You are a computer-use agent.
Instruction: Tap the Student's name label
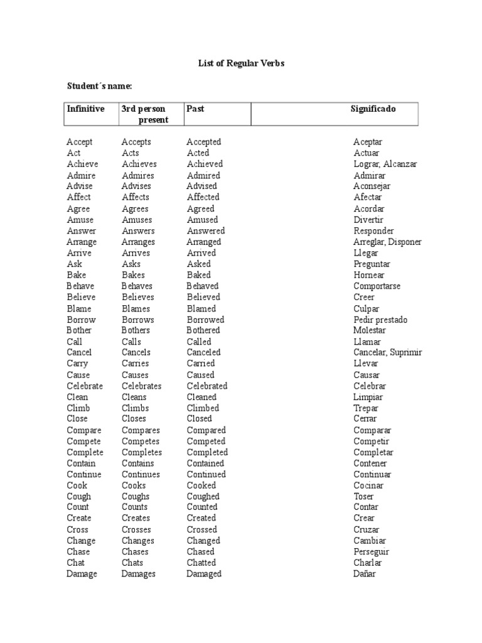(x=100, y=86)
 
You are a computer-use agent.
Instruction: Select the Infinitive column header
(x=86, y=109)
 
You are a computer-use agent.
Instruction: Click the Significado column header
(x=373, y=109)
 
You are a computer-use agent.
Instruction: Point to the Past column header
(x=195, y=109)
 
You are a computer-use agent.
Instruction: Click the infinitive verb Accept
(x=80, y=143)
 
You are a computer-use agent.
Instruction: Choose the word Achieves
(x=139, y=164)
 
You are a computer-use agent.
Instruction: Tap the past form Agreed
(x=200, y=208)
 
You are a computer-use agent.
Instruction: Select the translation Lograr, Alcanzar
(x=385, y=164)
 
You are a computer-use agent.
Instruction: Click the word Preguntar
(x=372, y=264)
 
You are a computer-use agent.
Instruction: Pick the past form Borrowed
(x=205, y=320)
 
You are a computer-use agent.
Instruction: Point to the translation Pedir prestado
(x=380, y=320)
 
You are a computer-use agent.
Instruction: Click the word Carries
(x=136, y=364)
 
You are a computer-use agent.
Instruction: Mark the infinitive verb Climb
(x=78, y=408)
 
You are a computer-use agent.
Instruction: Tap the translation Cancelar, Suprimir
(x=387, y=352)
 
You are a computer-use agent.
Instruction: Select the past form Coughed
(x=203, y=497)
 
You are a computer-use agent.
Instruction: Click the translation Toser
(x=363, y=497)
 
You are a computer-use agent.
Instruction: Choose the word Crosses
(x=136, y=530)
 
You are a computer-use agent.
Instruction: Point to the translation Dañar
(x=365, y=574)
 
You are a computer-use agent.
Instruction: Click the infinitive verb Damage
(x=82, y=574)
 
